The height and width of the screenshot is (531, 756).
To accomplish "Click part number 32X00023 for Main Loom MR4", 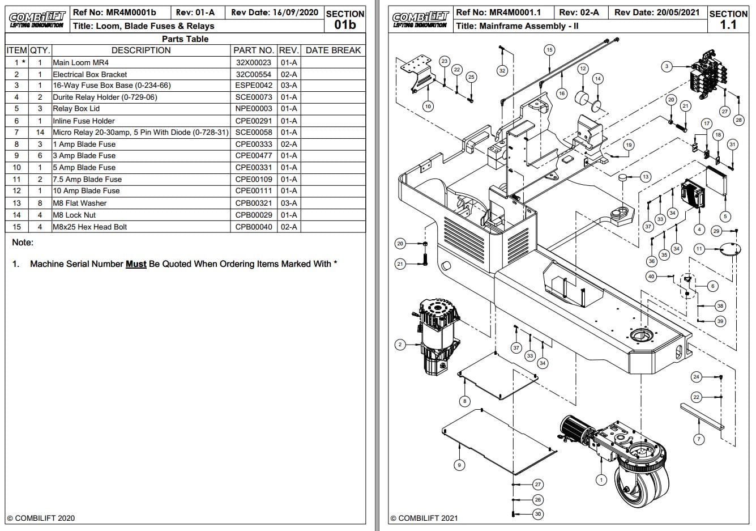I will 253,62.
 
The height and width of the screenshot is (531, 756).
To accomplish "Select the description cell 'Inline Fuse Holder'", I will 84,121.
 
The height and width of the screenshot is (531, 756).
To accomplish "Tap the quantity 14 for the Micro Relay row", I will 40,132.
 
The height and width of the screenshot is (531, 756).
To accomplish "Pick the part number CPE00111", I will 253,191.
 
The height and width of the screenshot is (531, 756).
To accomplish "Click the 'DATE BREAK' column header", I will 333,50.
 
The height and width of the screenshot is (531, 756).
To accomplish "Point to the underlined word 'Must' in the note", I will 136,264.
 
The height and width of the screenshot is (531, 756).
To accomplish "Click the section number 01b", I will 345,24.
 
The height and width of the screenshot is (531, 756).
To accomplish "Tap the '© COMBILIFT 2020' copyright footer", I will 41,518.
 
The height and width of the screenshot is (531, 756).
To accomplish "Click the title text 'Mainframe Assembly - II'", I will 517,26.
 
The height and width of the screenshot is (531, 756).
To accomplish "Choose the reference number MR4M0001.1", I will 498,12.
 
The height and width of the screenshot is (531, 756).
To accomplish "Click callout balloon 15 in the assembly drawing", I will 549,50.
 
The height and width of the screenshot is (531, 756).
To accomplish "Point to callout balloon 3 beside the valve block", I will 667,66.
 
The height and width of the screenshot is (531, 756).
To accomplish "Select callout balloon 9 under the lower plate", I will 459,465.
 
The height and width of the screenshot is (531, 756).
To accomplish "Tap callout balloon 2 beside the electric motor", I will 400,344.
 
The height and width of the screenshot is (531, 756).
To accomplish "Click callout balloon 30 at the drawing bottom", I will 538,514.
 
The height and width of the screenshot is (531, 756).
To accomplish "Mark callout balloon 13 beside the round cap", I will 645,177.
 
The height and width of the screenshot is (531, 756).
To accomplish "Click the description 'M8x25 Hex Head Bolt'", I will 90,227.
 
